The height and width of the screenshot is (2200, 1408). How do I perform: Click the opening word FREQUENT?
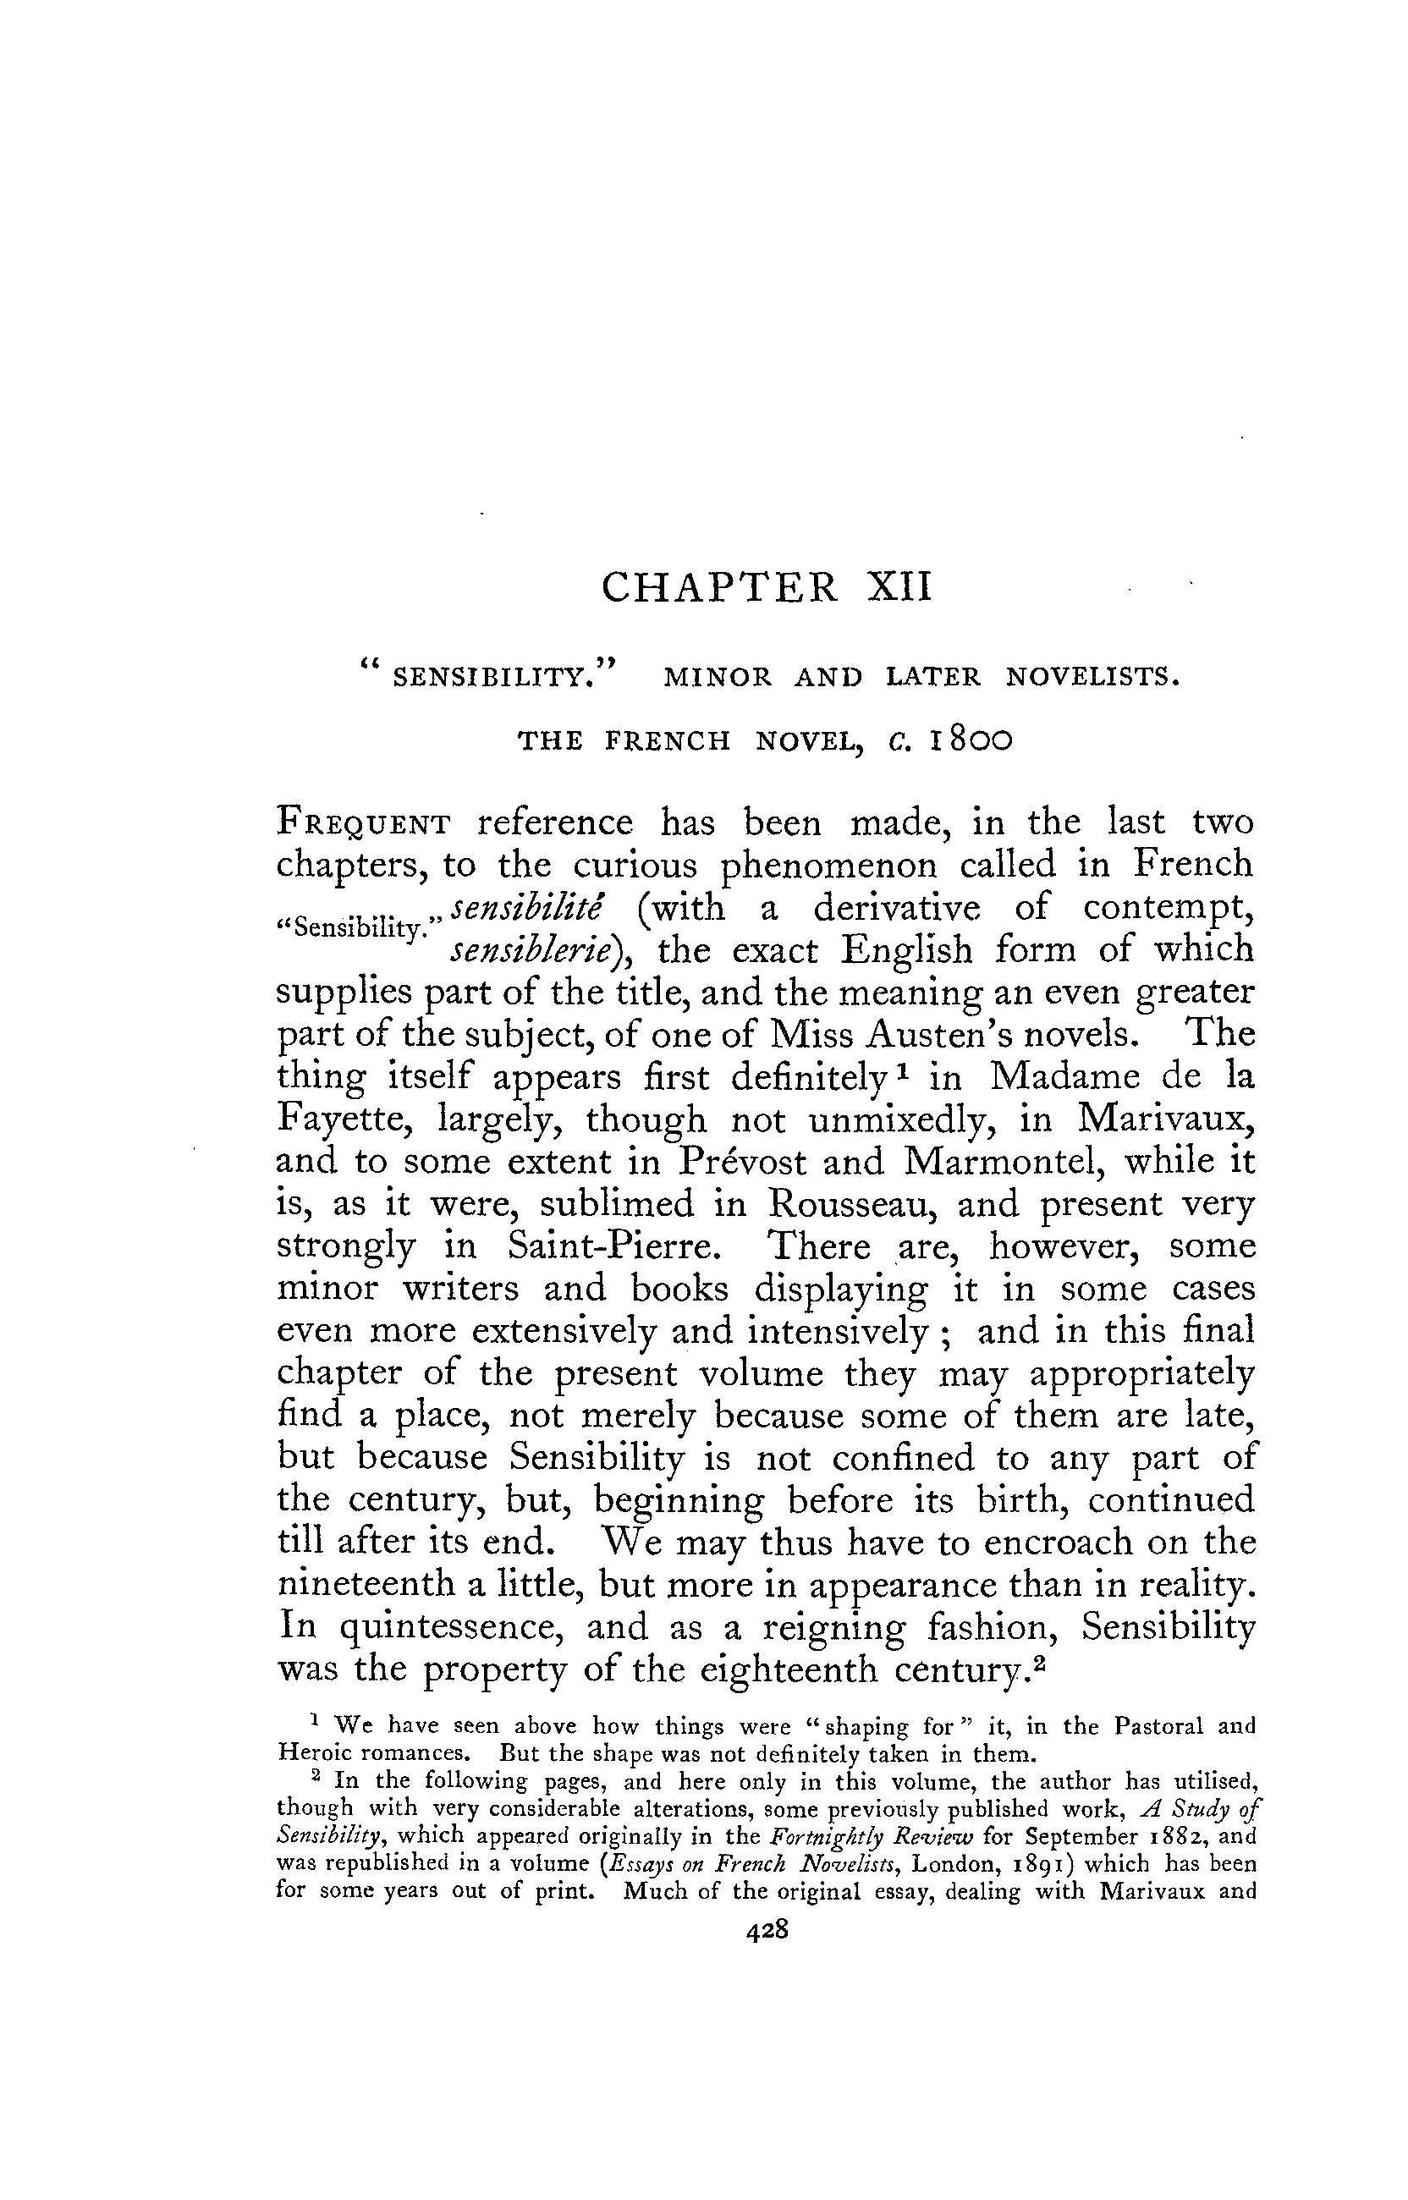point(364,824)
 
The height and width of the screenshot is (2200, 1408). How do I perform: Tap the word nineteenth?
point(366,1584)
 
